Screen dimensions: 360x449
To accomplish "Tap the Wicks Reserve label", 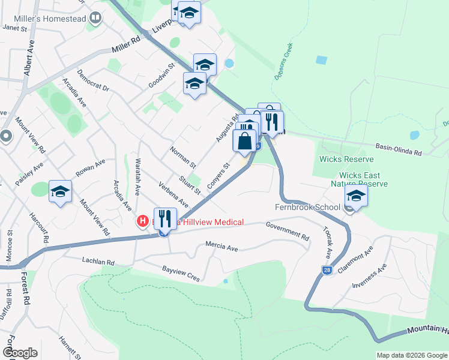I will (346, 159).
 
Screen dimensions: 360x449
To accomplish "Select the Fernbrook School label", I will (308, 207).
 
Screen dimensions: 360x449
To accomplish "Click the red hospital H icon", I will (143, 221).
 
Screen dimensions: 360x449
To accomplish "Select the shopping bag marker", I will (245, 143).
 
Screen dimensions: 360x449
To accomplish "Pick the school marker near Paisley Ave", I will (60, 191).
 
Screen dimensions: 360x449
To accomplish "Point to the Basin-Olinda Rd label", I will (399, 149).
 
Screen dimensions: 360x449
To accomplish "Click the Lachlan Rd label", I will (98, 261).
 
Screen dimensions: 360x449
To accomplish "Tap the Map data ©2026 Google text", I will (411, 355).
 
